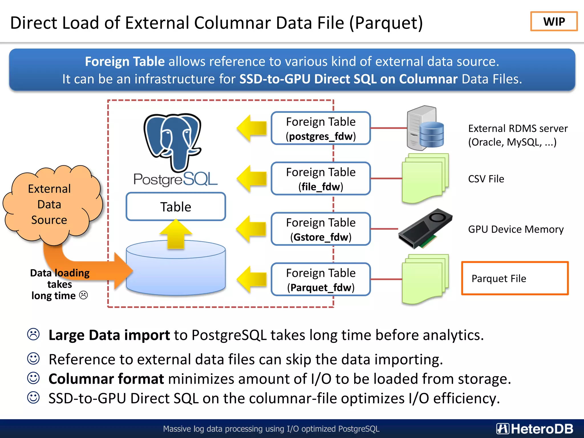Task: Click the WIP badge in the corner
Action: click(554, 21)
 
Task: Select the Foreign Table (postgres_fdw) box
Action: click(321, 128)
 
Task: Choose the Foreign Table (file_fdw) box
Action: click(321, 179)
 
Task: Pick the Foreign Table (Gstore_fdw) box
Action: click(321, 229)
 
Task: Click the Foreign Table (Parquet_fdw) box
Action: click(321, 279)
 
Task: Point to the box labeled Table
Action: click(176, 207)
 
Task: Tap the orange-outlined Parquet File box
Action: click(515, 278)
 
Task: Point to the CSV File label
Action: click(486, 179)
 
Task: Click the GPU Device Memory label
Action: click(516, 229)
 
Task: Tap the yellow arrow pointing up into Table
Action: click(176, 234)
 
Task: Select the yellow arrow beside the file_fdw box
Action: click(251, 179)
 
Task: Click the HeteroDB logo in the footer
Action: click(535, 429)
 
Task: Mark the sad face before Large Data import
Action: click(33, 334)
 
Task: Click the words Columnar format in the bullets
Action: click(106, 379)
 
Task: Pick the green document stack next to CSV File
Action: click(425, 178)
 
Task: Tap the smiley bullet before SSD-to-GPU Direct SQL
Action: click(33, 398)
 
